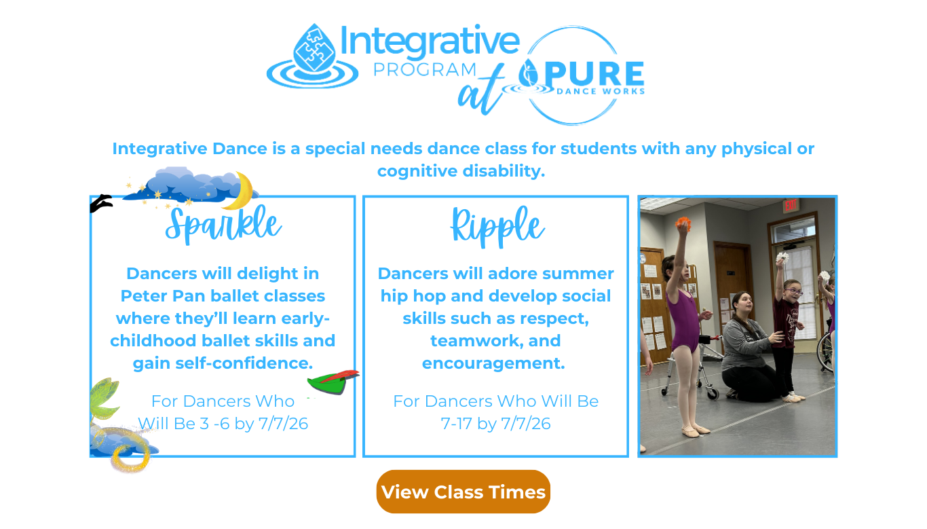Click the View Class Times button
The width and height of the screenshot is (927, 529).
(463, 492)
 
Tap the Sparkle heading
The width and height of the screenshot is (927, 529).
(223, 225)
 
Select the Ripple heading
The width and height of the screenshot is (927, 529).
(497, 227)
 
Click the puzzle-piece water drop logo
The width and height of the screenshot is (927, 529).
(313, 56)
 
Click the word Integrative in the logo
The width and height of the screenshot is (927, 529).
(430, 41)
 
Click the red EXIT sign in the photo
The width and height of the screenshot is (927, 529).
(790, 204)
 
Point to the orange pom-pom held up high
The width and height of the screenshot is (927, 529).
(683, 224)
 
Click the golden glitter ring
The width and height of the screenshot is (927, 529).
(131, 457)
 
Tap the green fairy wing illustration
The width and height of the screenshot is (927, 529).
(105, 399)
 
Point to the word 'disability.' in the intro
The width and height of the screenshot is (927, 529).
(504, 170)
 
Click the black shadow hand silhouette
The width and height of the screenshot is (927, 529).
(100, 203)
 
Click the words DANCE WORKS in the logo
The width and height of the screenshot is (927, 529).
(601, 92)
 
